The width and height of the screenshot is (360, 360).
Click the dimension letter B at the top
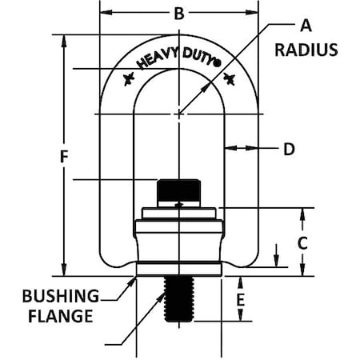point(179,14)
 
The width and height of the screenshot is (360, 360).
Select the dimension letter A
point(304,25)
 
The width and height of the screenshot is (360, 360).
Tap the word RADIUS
point(306,49)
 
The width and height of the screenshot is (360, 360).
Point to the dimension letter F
point(63,158)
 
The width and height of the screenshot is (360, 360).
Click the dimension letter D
point(289,148)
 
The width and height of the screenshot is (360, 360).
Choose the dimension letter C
point(303,243)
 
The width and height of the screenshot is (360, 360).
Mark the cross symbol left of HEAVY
point(127,79)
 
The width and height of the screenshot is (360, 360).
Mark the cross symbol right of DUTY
point(232,78)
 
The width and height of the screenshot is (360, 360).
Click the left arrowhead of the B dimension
point(106,14)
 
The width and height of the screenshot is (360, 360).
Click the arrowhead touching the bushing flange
point(133,280)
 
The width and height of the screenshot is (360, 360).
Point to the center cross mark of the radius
point(179,114)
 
